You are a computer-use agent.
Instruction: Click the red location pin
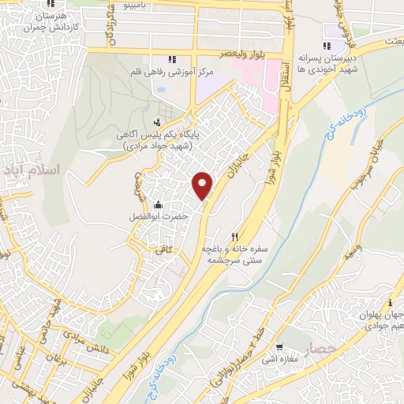[x=203, y=185]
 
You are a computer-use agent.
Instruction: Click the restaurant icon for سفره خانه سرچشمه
[x=234, y=236]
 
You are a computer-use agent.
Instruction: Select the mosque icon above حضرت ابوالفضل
[x=158, y=205]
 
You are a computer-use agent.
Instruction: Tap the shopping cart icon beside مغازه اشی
[x=279, y=348]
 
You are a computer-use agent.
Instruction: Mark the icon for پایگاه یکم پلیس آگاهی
[x=158, y=122]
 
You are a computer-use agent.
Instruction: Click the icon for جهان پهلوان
[x=390, y=303]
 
